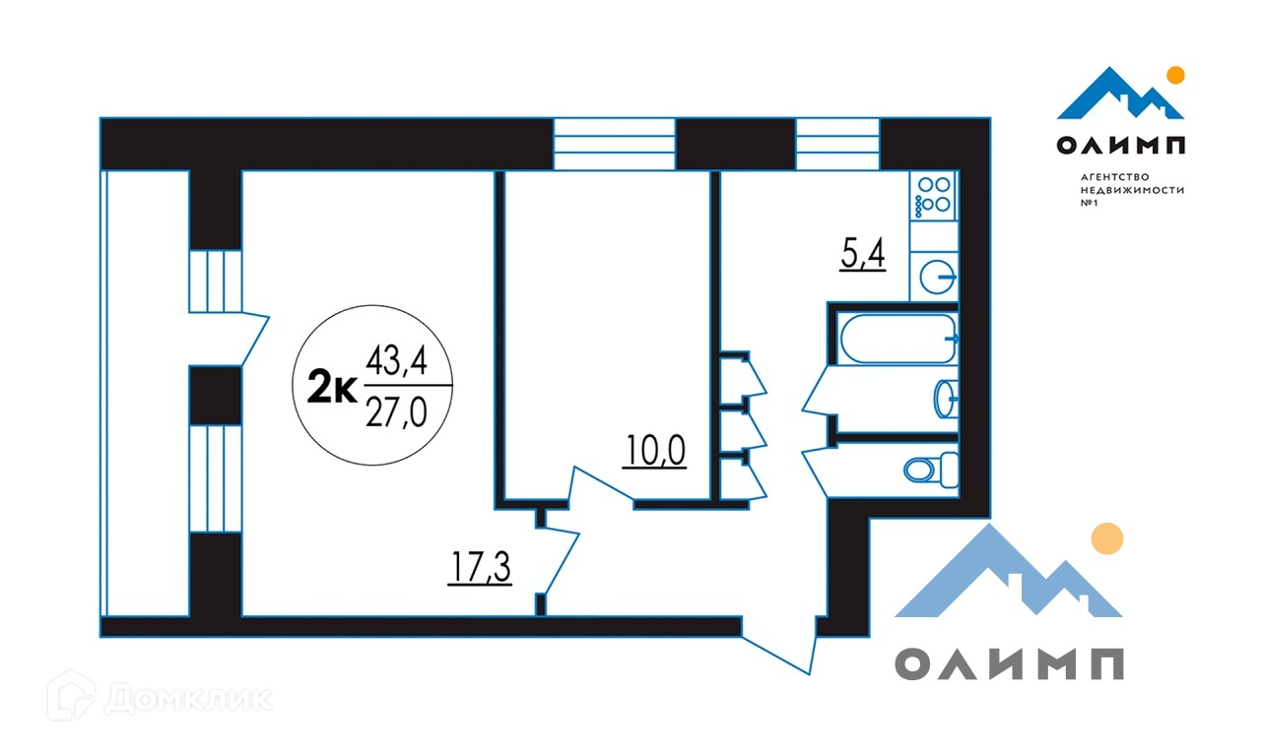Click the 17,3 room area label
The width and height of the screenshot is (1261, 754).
[481, 568]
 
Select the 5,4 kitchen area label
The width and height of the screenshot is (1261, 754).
[863, 256]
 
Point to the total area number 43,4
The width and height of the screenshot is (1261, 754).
[395, 363]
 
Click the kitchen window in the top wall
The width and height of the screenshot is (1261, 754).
[836, 144]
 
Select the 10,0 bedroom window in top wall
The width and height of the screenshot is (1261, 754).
[614, 144]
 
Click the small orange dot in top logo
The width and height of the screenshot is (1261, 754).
[1175, 74]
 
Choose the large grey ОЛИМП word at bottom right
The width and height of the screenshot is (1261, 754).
[1009, 664]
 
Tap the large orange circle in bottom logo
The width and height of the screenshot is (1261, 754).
[1108, 537]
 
